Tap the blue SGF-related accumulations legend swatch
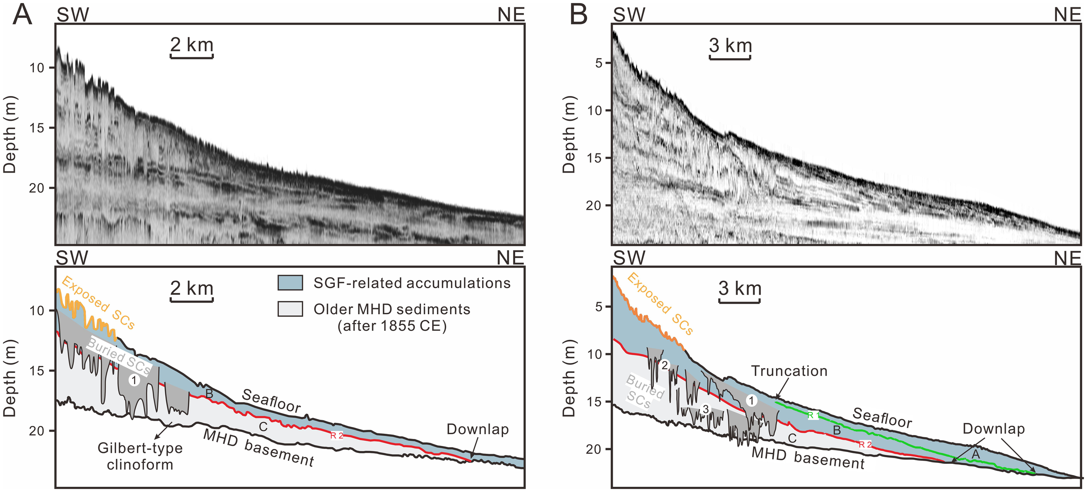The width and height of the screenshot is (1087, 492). tap(290, 283)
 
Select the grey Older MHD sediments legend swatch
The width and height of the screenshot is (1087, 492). tap(290, 309)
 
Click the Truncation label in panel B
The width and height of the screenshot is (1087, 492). tap(789, 371)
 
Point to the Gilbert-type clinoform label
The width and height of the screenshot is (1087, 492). tap(140, 456)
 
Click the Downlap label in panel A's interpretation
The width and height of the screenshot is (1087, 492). tap(477, 429)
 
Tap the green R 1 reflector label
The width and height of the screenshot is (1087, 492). tap(813, 416)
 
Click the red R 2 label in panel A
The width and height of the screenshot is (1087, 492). tap(337, 436)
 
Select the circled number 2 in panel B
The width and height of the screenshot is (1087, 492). tap(664, 366)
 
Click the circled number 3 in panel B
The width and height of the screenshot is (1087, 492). tap(705, 409)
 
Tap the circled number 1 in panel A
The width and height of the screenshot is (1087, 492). tap(134, 381)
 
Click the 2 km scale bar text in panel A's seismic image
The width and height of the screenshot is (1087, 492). tap(191, 45)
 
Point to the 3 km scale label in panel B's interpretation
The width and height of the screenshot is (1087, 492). tap(740, 289)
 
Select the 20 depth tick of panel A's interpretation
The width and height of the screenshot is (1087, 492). tap(37, 431)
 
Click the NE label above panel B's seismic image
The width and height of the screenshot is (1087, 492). tap(1067, 15)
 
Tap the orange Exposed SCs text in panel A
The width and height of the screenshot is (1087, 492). tap(98, 303)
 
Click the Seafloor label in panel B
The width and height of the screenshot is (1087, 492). tap(882, 418)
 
